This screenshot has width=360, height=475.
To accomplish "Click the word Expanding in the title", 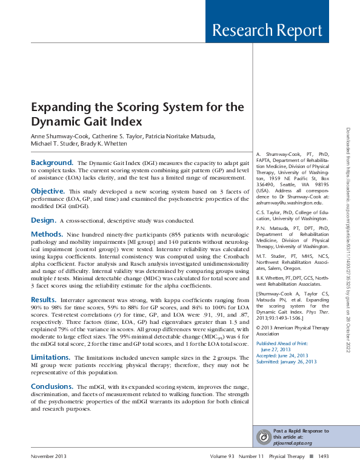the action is click(x=59, y=107).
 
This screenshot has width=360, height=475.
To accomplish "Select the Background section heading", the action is click(x=52, y=163).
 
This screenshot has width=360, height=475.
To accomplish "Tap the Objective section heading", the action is click(x=48, y=191).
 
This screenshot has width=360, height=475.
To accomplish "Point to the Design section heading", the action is click(x=44, y=220).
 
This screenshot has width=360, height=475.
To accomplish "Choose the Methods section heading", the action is click(x=47, y=234).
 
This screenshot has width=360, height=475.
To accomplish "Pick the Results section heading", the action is click(x=44, y=300).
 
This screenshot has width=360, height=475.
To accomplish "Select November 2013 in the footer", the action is click(x=48, y=456).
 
